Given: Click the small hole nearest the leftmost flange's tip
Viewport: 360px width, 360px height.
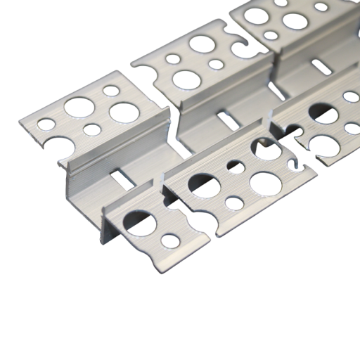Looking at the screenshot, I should pos(46,124).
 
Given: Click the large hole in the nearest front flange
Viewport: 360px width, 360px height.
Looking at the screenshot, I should pos(141,223).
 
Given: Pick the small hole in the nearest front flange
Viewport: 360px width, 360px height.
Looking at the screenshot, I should pos(170,241).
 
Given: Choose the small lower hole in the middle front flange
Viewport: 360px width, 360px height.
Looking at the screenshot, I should pos(234,203).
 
